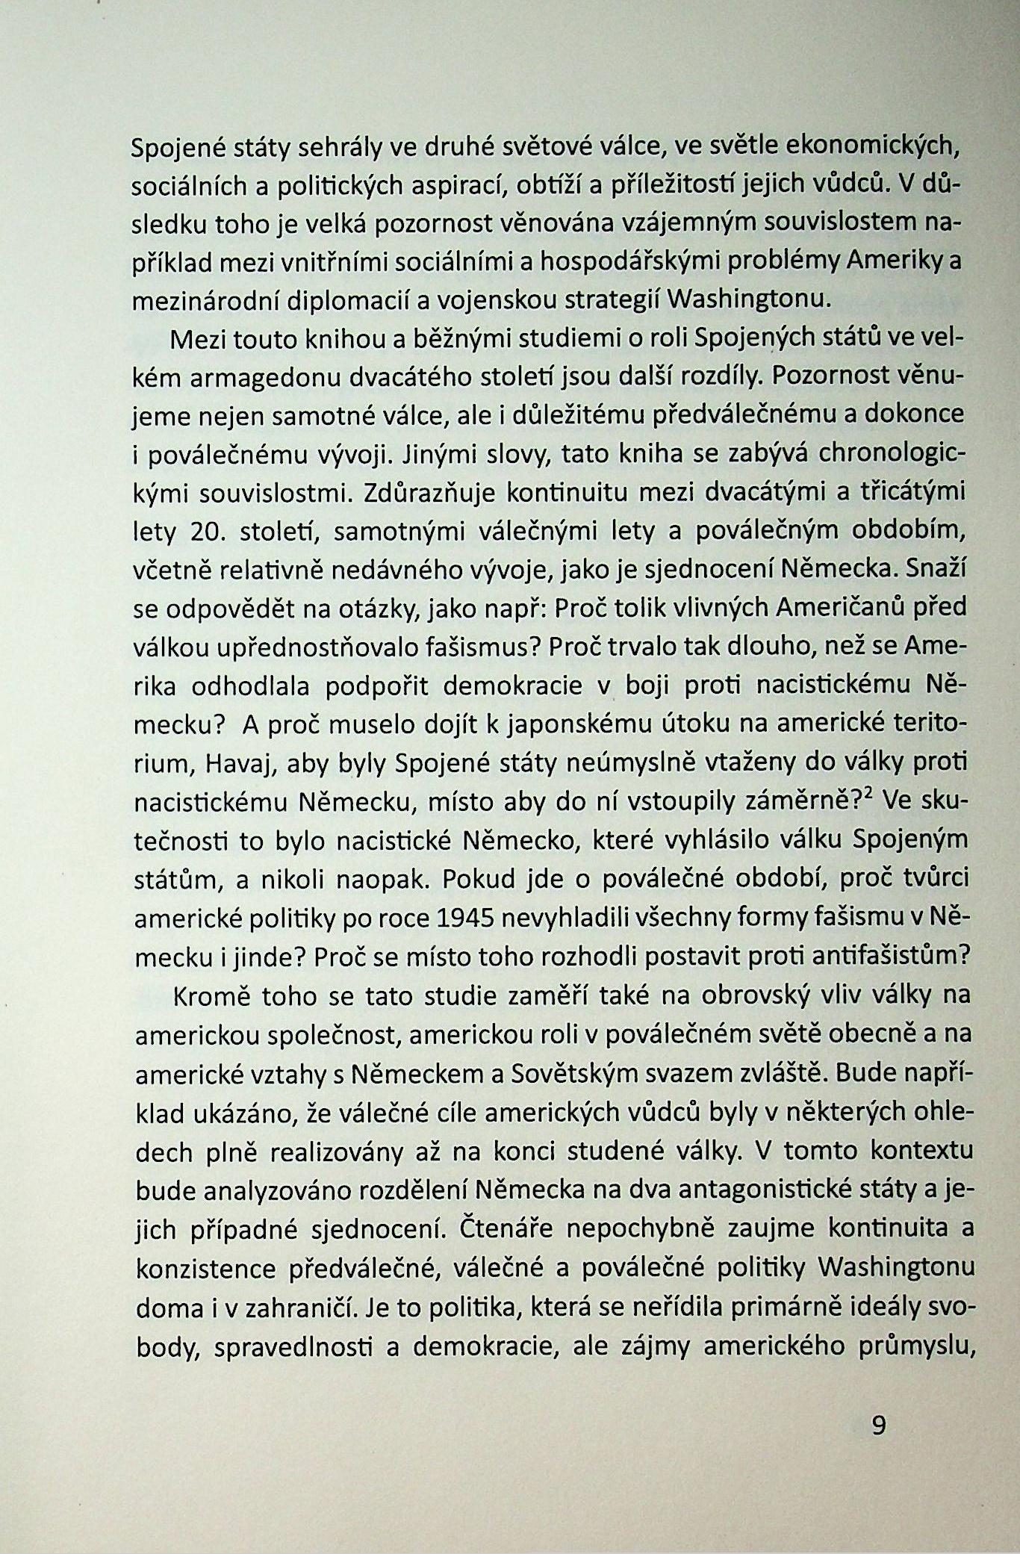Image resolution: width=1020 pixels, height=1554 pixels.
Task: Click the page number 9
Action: pos(878,1426)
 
